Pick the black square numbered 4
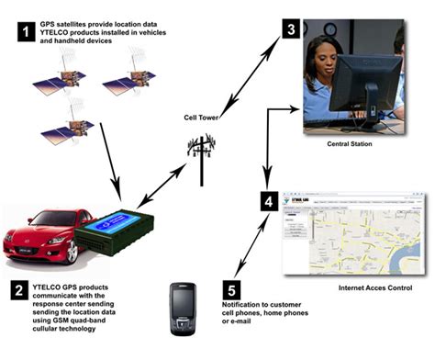tap(267, 197)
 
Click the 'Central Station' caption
tap(349, 143)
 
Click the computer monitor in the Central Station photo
tap(362, 87)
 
